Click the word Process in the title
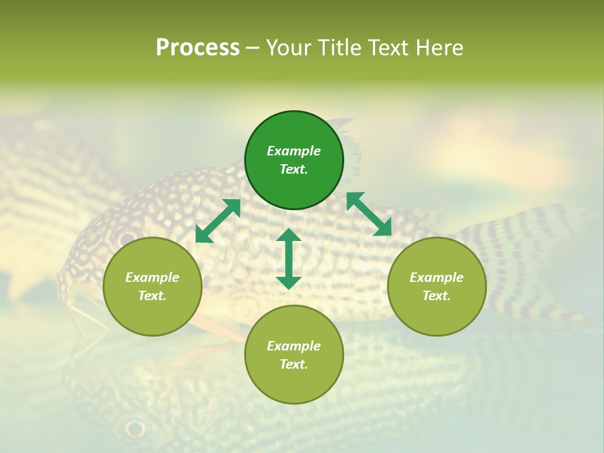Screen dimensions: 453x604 [x=198, y=48]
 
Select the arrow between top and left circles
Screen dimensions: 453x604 [x=218, y=221]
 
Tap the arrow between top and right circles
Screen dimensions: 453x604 [x=369, y=214]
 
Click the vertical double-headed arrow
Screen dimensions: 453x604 [x=289, y=259]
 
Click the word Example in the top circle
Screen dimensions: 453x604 [x=294, y=151]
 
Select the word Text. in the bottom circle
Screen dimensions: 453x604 [x=294, y=364]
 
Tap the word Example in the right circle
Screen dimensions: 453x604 [x=437, y=277]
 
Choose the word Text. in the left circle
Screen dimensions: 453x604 [x=152, y=296]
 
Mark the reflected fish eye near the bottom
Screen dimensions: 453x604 [x=135, y=428]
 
